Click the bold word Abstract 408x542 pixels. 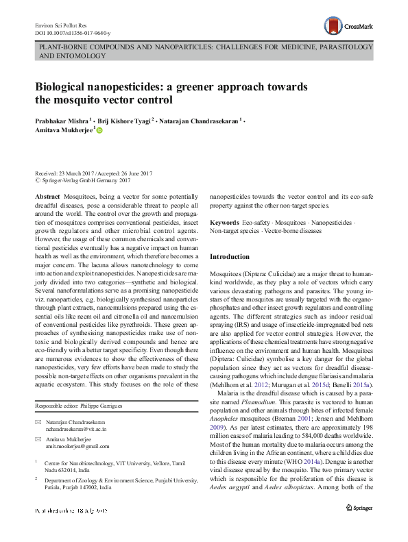coord(47,196)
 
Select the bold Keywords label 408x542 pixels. coord(224,223)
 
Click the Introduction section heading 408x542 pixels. coord(229,256)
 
